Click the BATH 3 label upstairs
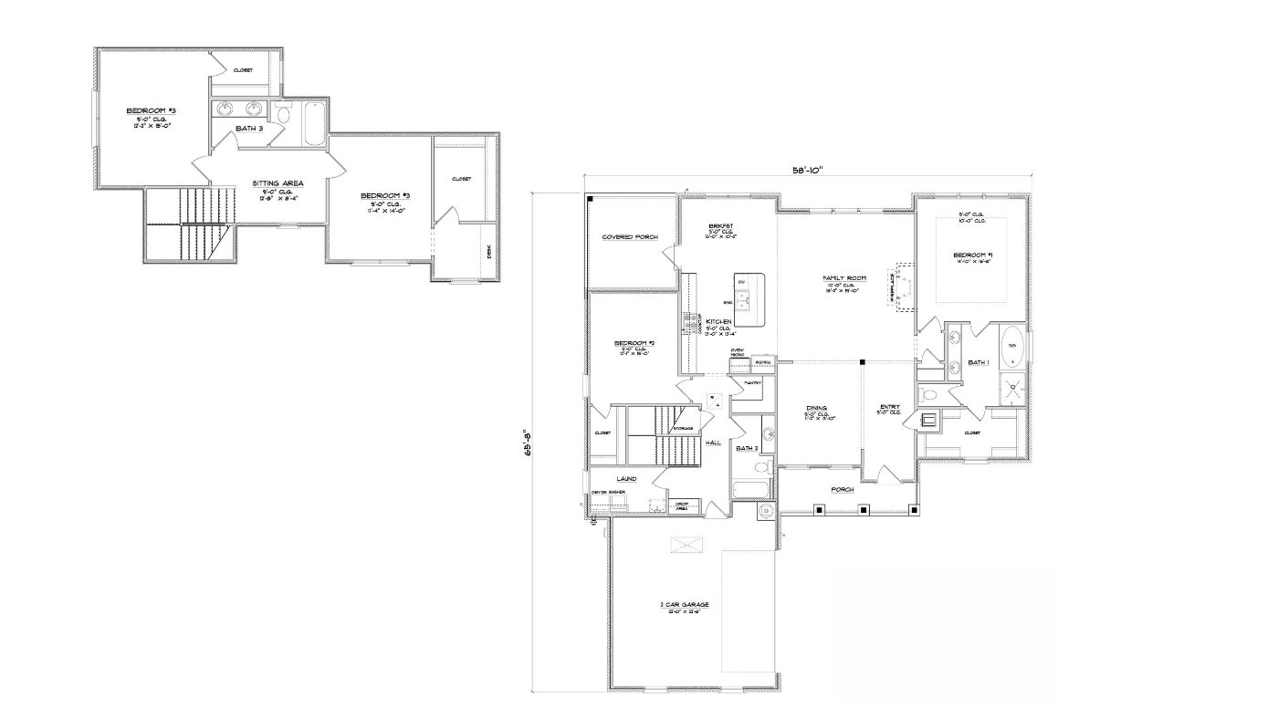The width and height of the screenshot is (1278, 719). pyautogui.click(x=249, y=129)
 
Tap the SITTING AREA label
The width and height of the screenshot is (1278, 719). pyautogui.click(x=278, y=183)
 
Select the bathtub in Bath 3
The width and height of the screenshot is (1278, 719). pyautogui.click(x=312, y=124)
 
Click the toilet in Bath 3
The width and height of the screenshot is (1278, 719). pyautogui.click(x=282, y=116)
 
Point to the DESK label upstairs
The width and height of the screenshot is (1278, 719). pyautogui.click(x=489, y=251)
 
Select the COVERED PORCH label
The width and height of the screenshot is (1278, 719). pyautogui.click(x=630, y=237)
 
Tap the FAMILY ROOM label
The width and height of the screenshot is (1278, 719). pyautogui.click(x=843, y=278)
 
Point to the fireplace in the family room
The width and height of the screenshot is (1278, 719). pyautogui.click(x=905, y=287)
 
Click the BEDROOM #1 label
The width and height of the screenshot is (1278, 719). pyautogui.click(x=972, y=255)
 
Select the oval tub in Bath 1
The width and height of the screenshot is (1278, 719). pyautogui.click(x=1013, y=347)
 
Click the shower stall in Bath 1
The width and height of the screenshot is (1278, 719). pyautogui.click(x=1013, y=388)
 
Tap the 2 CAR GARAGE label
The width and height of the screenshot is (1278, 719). pyautogui.click(x=685, y=605)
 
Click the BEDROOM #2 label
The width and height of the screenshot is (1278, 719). pyautogui.click(x=634, y=342)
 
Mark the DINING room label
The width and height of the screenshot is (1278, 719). pyautogui.click(x=816, y=408)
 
